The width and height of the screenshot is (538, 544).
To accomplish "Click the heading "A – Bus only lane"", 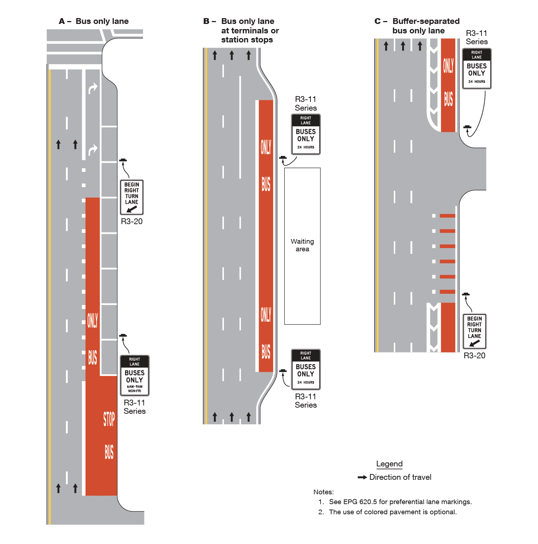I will point(94,21).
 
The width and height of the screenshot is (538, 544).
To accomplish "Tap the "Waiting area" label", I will point(302,245).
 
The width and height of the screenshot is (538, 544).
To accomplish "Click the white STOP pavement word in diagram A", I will point(109,419).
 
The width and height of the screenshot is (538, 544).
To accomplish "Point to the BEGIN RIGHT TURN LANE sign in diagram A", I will point(132,197).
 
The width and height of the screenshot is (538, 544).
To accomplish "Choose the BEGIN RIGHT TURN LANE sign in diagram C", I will point(474,331).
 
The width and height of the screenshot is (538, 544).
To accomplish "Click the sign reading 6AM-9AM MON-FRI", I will point(134,375).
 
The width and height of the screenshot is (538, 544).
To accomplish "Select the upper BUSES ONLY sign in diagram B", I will point(306,134).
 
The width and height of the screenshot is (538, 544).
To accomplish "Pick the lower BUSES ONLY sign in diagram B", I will point(306,369).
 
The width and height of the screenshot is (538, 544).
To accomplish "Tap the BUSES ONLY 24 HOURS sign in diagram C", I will point(477,69).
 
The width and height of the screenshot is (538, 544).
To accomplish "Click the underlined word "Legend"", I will point(389,464).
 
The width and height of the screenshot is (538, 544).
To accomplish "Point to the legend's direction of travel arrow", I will point(362,477).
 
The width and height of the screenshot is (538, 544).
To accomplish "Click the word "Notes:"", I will point(324,492).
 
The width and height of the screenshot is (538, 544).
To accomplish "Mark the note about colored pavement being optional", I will point(393,512).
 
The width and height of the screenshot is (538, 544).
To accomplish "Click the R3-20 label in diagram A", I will point(132,221).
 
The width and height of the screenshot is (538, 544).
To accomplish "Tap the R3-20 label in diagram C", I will point(474,355).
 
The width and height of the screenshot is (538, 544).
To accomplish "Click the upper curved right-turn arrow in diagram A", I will point(93,88).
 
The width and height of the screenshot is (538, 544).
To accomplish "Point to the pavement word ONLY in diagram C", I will point(448,66).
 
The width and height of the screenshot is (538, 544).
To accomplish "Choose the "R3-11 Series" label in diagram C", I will point(477,37).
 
